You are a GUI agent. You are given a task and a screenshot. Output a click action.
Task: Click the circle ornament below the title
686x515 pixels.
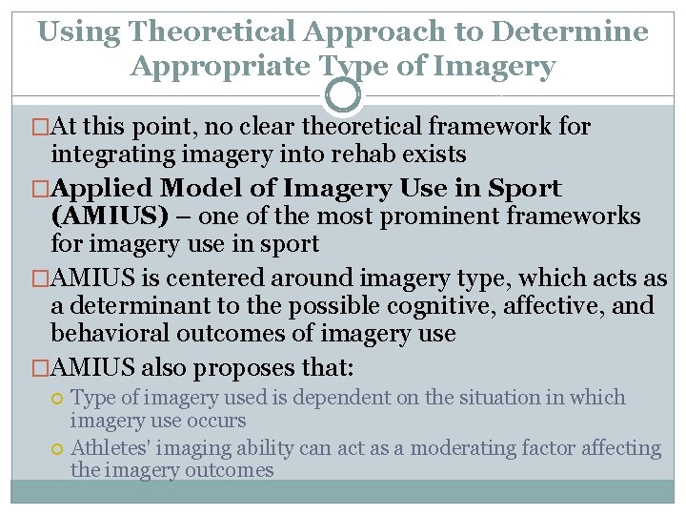pos(343,95)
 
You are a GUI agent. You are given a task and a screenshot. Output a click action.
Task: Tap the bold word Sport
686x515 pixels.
pos(523,189)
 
